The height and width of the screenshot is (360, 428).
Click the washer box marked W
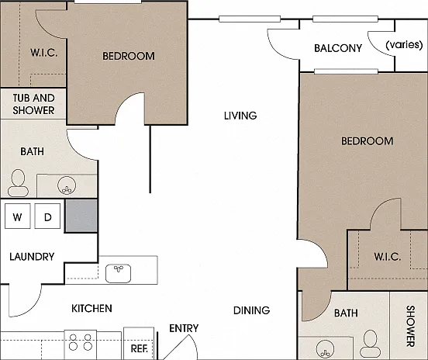click(x=18, y=216)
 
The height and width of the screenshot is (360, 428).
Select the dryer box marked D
click(x=47, y=216)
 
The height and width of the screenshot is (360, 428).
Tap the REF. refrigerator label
click(x=140, y=348)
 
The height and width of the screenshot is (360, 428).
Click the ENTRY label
click(x=184, y=328)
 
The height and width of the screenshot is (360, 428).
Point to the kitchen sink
click(x=118, y=273)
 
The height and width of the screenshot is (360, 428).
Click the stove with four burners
click(x=81, y=344)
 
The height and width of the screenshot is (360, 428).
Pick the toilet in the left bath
click(x=18, y=183)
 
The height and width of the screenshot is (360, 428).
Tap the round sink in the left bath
click(x=67, y=185)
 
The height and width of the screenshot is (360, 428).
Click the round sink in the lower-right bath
click(x=325, y=349)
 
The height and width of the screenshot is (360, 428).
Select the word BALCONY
click(x=338, y=48)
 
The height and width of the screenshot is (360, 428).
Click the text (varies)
click(x=404, y=44)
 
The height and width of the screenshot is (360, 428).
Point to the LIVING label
click(x=240, y=116)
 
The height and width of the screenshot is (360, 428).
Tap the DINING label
click(x=251, y=310)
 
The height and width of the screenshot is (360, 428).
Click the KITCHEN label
click(x=91, y=308)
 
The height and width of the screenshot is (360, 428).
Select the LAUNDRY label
click(x=32, y=257)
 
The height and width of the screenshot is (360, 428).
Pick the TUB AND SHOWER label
click(x=33, y=104)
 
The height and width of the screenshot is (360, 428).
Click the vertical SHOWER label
click(x=410, y=326)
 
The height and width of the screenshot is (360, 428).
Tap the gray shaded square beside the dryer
click(x=81, y=216)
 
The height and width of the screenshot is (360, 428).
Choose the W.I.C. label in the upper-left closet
click(x=43, y=53)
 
